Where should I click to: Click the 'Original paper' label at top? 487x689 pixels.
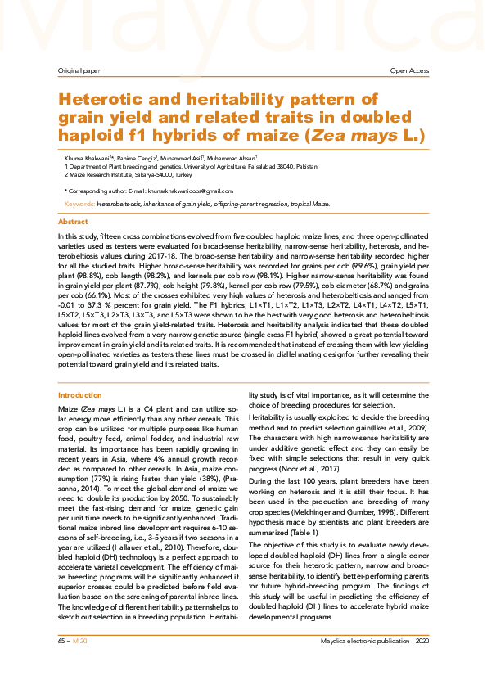click(75, 71)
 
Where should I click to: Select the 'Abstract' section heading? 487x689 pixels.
click(73, 222)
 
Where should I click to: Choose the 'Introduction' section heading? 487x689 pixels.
click(80, 394)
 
